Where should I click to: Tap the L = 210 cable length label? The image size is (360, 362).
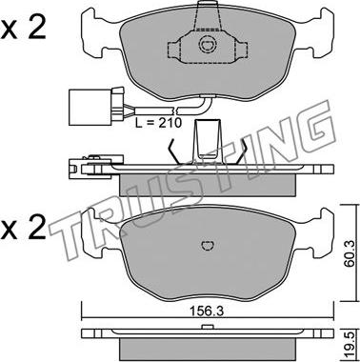[158, 122]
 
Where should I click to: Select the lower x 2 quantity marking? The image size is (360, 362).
[23, 228]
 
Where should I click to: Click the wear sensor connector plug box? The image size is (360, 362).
[90, 106]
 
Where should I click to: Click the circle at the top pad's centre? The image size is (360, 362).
[207, 45]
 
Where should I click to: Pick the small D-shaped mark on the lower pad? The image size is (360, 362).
[209, 245]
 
